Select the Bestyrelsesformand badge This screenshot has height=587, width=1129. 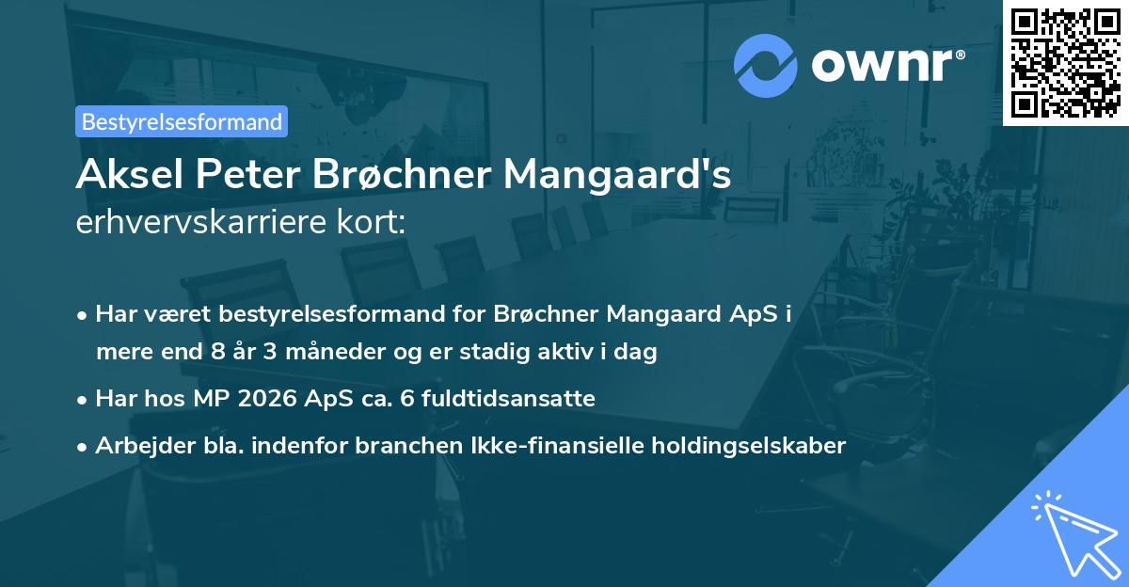pos(182,121)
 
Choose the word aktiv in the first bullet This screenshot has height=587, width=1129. pos(586,353)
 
